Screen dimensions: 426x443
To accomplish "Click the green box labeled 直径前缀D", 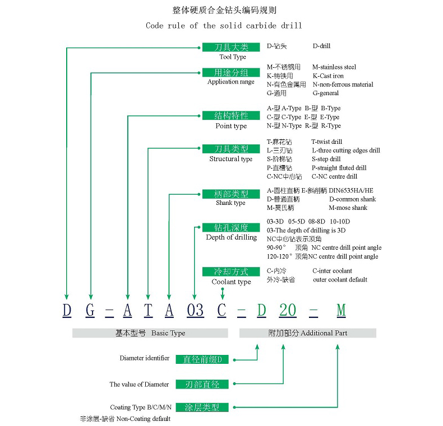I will (202, 359).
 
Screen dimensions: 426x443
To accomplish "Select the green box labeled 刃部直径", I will (202, 385).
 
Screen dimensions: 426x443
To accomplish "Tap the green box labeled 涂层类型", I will (202, 408).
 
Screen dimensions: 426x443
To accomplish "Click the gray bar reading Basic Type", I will (150, 333).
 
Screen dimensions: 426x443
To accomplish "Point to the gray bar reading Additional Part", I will (307, 333).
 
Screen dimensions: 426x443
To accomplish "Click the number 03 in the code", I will (195, 310).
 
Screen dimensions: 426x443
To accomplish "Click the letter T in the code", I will (147, 310).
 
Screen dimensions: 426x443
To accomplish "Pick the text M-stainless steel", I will (334, 67).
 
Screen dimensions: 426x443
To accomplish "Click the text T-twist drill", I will (327, 142).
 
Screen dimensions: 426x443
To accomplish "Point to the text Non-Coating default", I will (142, 419).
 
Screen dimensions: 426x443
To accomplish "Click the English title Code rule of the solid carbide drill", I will (224, 26).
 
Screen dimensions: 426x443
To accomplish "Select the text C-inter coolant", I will (333, 271).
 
